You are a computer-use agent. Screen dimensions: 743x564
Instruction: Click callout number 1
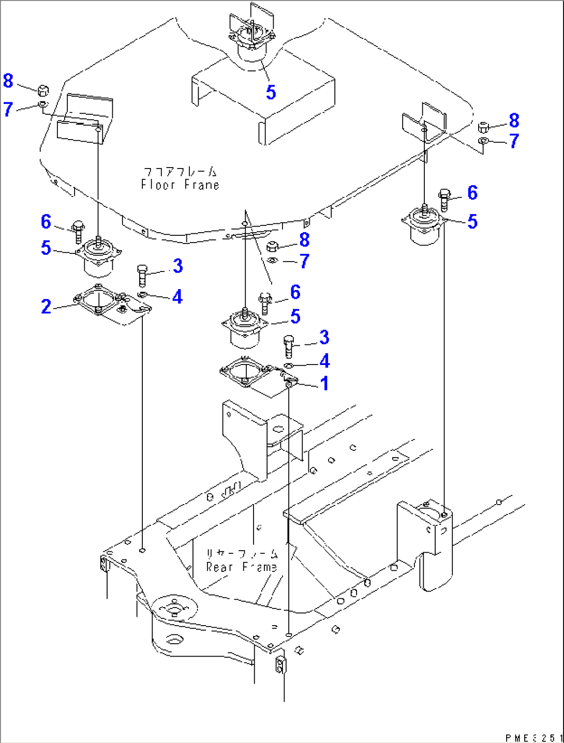click(x=324, y=384)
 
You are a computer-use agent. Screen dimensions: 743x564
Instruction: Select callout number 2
click(x=46, y=307)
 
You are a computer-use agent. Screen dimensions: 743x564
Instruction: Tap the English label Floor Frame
click(x=180, y=185)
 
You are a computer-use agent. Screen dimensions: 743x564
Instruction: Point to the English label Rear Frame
click(x=241, y=567)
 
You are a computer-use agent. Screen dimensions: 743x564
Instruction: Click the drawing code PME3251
click(x=533, y=738)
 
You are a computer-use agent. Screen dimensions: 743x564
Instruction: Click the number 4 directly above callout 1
click(x=324, y=361)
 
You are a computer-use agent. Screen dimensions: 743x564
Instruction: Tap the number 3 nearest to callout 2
click(x=177, y=266)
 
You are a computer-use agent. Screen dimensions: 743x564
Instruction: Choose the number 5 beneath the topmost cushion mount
click(x=271, y=93)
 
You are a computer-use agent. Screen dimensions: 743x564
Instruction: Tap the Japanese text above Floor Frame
click(x=180, y=171)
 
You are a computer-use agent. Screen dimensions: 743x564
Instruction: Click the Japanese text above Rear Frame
click(x=242, y=554)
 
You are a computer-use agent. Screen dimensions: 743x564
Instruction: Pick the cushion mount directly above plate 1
click(x=244, y=328)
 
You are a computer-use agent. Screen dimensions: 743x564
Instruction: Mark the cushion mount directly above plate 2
click(x=98, y=256)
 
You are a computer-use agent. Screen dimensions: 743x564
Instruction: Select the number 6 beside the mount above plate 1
click(x=295, y=292)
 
